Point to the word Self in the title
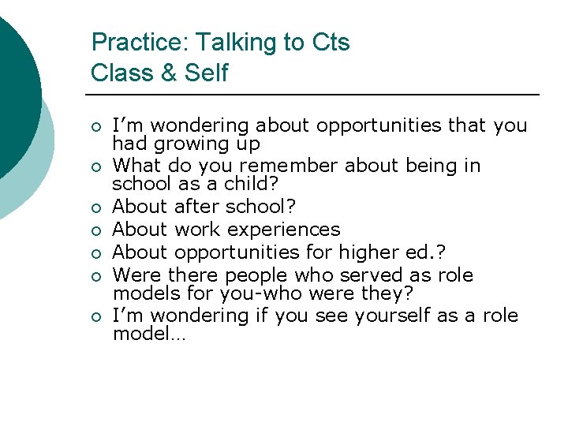(206, 73)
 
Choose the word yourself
(392, 316)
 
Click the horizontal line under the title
(316, 95)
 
